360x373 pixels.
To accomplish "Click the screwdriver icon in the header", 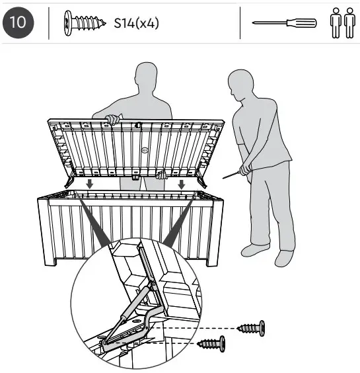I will coord(285,23).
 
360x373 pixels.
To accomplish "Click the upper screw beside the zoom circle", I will coord(251,327).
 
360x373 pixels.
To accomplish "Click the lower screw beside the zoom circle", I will coord(211,344).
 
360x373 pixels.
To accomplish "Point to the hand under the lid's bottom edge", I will coord(161,175).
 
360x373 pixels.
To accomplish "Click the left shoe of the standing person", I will coord(254,250).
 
